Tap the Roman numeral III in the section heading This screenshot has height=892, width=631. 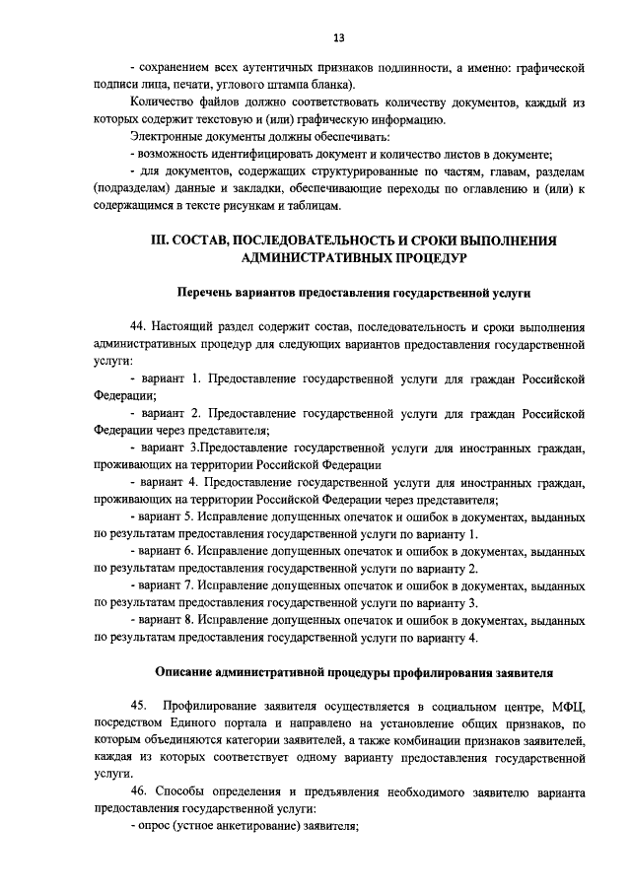coord(160,240)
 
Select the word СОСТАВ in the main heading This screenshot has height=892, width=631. coord(210,240)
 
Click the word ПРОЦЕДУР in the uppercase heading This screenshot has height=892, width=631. coord(418,257)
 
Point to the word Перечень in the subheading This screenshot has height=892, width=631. coord(207,294)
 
